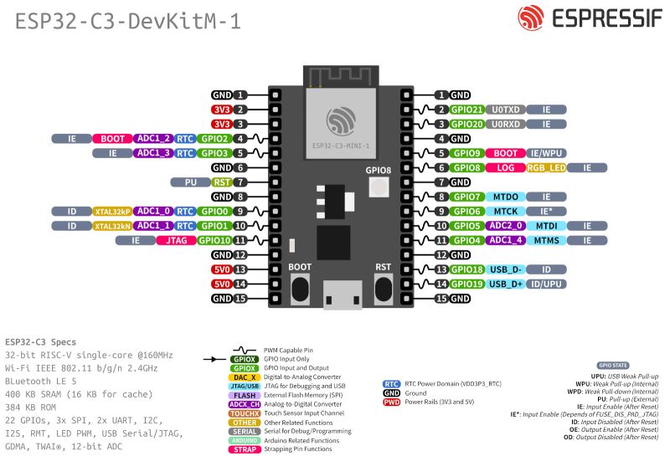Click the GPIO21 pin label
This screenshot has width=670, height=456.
pyautogui.click(x=467, y=110)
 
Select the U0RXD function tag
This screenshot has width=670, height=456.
pyautogui.click(x=506, y=124)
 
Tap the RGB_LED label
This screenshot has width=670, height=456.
pyautogui.click(x=547, y=167)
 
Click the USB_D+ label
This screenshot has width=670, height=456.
pyautogui.click(x=506, y=284)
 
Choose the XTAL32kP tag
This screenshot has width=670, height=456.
pyautogui.click(x=112, y=212)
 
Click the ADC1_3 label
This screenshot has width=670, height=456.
pyautogui.click(x=154, y=153)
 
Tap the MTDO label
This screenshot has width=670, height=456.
pyautogui.click(x=506, y=197)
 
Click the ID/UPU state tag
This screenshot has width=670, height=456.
pyautogui.click(x=547, y=284)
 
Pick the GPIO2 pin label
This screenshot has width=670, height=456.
pyautogui.click(x=215, y=139)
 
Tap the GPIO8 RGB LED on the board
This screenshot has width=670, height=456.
pyautogui.click(x=379, y=188)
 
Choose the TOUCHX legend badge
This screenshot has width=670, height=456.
pyautogui.click(x=244, y=413)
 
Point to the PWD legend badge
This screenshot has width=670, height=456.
pyautogui.click(x=390, y=402)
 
